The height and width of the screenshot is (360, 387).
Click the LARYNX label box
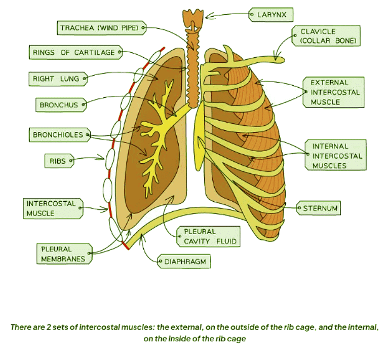click(x=272, y=15)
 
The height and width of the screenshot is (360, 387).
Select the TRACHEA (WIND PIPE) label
click(x=100, y=28)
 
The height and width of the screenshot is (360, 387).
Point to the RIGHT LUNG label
click(x=56, y=79)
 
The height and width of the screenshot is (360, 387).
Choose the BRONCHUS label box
click(x=59, y=105)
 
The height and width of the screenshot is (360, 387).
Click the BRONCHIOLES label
click(x=57, y=135)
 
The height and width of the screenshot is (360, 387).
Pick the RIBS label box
click(x=57, y=162)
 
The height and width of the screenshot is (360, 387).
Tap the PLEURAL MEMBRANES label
click(x=63, y=254)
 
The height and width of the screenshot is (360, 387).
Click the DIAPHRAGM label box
click(x=184, y=262)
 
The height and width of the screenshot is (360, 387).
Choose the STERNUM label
click(x=320, y=208)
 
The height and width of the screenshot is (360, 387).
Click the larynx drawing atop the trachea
click(x=193, y=17)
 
